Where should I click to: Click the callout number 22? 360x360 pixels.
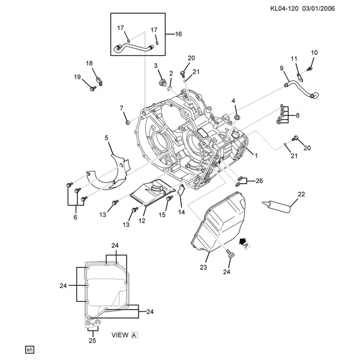coord(302,194)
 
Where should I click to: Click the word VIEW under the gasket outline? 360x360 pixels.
coord(121,336)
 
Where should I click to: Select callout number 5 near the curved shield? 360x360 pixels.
coord(107,138)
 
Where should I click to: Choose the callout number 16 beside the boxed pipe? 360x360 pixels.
coord(178,34)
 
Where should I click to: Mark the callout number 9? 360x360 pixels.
coord(281,68)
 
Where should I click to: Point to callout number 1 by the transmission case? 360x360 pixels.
coord(256,156)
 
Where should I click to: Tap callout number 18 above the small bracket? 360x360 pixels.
coord(89,63)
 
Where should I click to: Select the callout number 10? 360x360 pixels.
coord(313,53)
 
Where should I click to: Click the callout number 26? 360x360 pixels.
coord(259,181)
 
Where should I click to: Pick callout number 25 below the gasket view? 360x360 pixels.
coord(91,341)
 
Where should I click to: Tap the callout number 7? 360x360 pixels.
coord(121,108)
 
